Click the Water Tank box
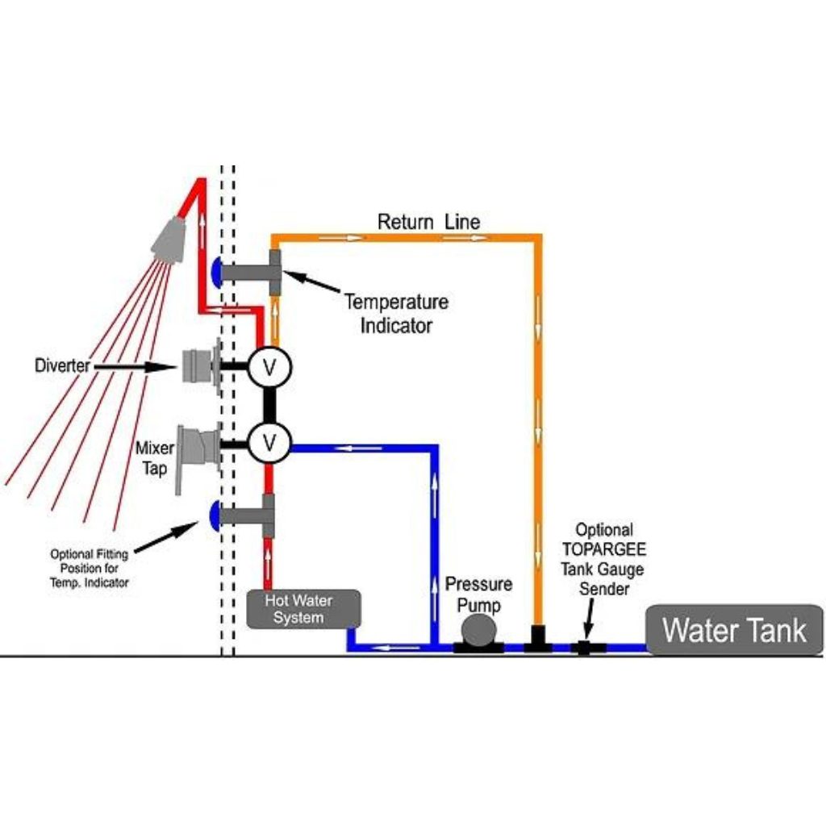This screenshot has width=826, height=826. point(733,629)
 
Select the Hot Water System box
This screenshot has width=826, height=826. point(303,609)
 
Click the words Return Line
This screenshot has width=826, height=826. point(429,222)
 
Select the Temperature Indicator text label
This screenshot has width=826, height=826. point(396,314)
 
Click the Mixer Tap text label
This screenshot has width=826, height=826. point(155,457)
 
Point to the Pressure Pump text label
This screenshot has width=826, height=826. point(479,593)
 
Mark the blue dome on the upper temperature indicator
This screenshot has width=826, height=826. point(215,271)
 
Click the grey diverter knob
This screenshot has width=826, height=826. point(198,368)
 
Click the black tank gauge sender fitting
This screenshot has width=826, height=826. point(582,647)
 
